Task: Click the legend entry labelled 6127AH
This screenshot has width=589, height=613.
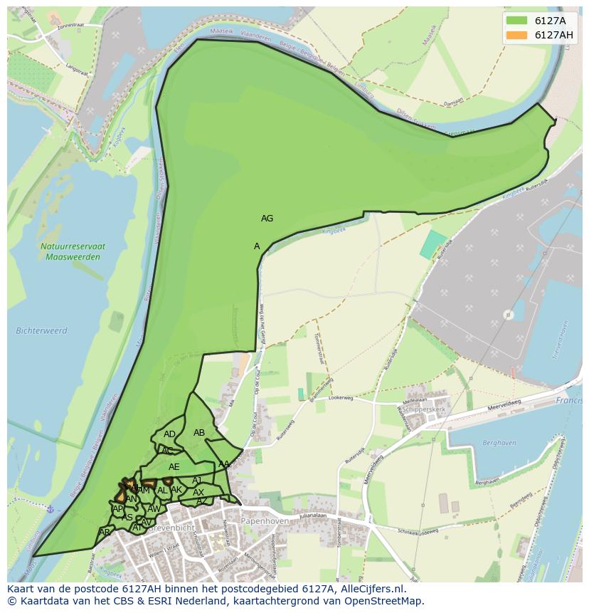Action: coord(554,35)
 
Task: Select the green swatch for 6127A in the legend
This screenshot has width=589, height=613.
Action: coord(516,21)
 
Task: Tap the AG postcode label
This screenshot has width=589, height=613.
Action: coord(267,219)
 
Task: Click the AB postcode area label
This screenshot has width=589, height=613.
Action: coord(199,433)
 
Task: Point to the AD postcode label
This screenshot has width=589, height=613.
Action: coord(169,434)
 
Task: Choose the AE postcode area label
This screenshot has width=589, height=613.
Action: coord(174,467)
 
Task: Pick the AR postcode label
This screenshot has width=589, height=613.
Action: coord(105,533)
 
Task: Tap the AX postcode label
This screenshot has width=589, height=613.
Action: coord(198,493)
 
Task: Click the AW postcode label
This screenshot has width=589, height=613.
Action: coord(154,509)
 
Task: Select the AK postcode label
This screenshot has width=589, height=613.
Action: coord(177,490)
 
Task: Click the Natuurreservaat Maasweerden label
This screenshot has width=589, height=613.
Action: coord(73,251)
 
